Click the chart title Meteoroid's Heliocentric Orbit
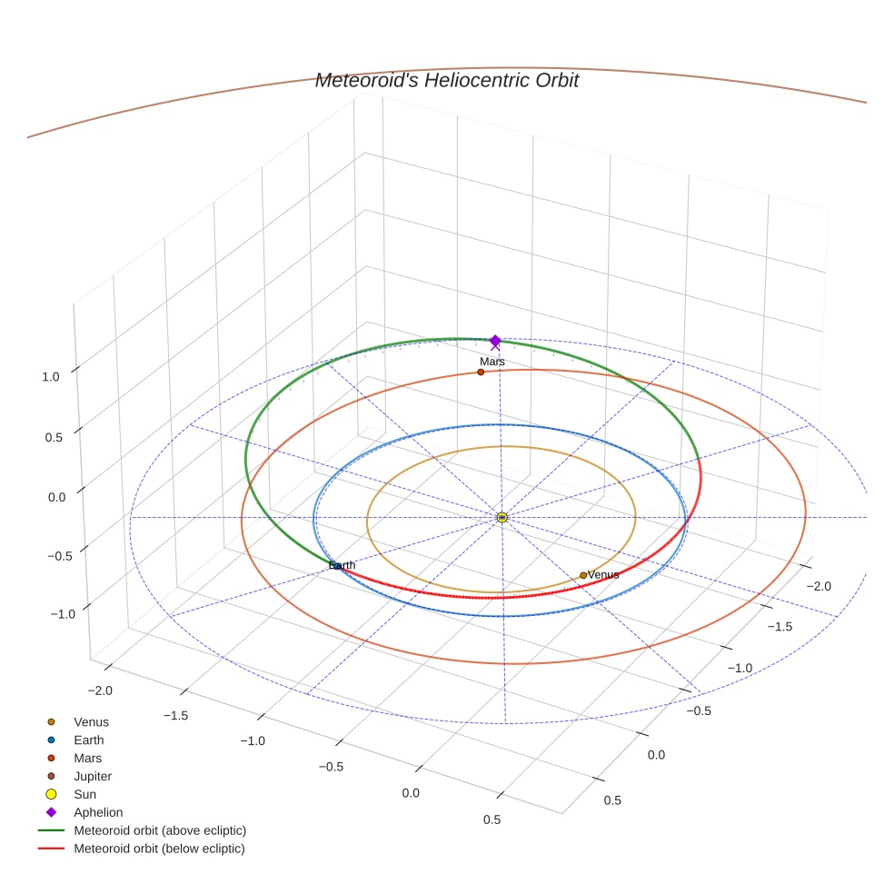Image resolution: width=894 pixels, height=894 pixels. tap(446, 81)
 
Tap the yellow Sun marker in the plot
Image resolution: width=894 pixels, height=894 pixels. tap(502, 517)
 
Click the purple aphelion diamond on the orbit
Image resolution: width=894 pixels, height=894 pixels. tap(495, 341)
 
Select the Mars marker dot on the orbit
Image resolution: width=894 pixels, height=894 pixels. tap(481, 372)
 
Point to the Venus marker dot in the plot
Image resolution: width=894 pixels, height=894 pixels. tap(583, 575)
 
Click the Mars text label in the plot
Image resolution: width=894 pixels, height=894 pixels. tap(492, 362)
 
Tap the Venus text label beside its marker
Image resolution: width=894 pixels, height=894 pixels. tap(603, 574)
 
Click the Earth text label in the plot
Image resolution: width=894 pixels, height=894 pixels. tap(343, 565)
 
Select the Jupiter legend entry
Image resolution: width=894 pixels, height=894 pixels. tap(93, 776)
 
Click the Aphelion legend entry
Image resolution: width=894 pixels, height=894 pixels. tap(98, 812)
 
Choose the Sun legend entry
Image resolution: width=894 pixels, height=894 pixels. tap(84, 794)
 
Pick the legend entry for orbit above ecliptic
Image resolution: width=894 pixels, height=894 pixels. tap(160, 830)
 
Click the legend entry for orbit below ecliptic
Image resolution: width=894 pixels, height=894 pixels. tap(159, 849)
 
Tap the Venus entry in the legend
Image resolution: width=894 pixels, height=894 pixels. tap(91, 721)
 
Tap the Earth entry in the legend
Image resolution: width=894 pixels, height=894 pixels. tap(88, 740)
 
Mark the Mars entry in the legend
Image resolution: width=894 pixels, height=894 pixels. tap(87, 758)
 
